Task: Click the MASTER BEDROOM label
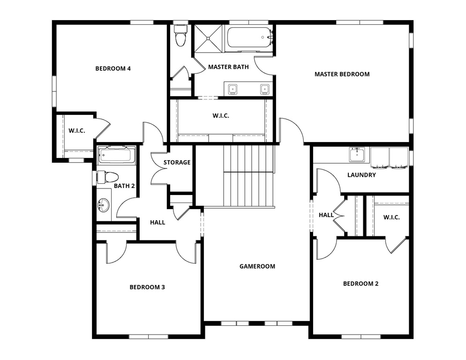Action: pyautogui.click(x=342, y=74)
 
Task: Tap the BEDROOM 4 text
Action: pyautogui.click(x=113, y=68)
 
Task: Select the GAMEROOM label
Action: pyautogui.click(x=257, y=266)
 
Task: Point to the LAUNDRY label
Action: pyautogui.click(x=361, y=175)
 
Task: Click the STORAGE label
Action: pyautogui.click(x=177, y=163)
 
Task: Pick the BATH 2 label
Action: pyautogui.click(x=124, y=186)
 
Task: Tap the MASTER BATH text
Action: pyautogui.click(x=228, y=67)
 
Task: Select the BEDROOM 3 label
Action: pyautogui.click(x=147, y=287)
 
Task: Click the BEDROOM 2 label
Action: pyautogui.click(x=361, y=284)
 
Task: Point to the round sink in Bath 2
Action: pyautogui.click(x=104, y=205)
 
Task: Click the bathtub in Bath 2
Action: pyautogui.click(x=117, y=155)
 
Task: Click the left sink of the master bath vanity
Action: pyautogui.click(x=233, y=89)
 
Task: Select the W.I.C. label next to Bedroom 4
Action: pyautogui.click(x=77, y=130)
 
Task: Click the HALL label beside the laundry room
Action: pyautogui.click(x=326, y=215)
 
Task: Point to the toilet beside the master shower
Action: pyautogui.click(x=180, y=37)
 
